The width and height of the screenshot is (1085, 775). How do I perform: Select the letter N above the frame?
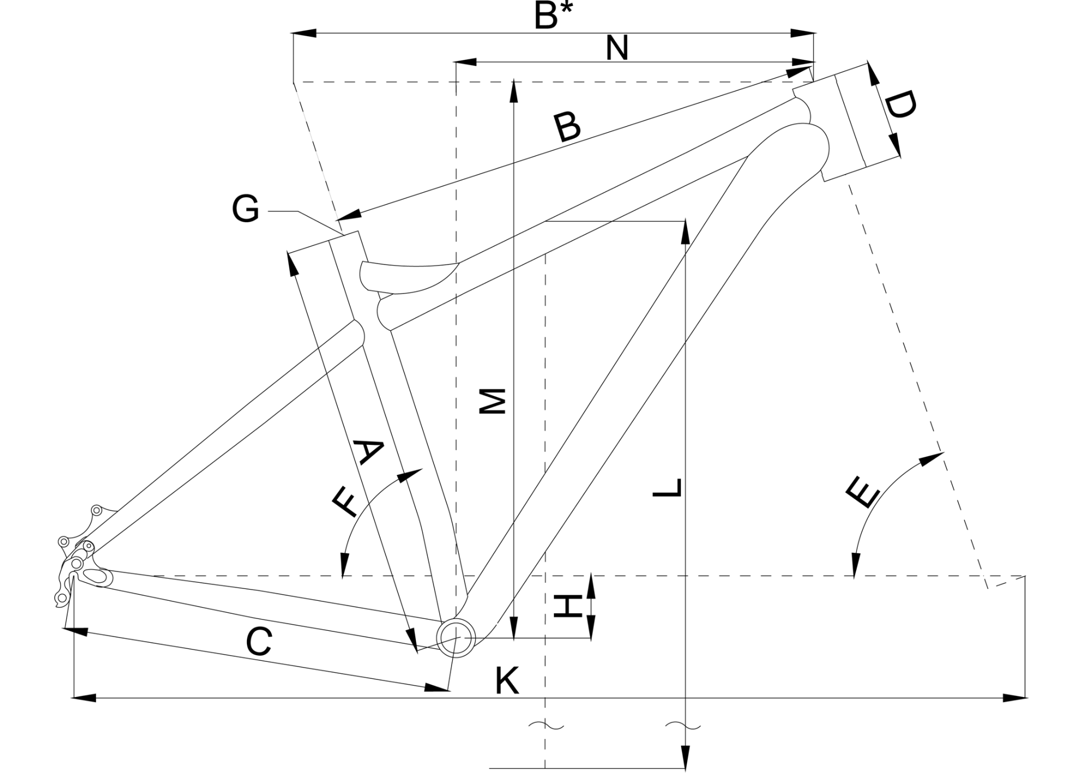617,49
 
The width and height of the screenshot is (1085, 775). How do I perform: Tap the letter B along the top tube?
567,128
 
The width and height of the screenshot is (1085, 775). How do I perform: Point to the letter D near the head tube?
899,106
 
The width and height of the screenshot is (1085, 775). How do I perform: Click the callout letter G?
246,209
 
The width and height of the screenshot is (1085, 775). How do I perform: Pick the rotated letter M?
492,401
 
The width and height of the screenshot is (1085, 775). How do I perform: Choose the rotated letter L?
667,488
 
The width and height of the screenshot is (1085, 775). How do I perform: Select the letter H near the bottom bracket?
567,606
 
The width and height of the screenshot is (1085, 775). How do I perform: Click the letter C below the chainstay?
259,642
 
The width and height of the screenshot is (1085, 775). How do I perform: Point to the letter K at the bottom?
507,681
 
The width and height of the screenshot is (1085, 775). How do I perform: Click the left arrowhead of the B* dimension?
304,33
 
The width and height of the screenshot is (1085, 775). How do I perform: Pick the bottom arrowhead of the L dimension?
685,757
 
